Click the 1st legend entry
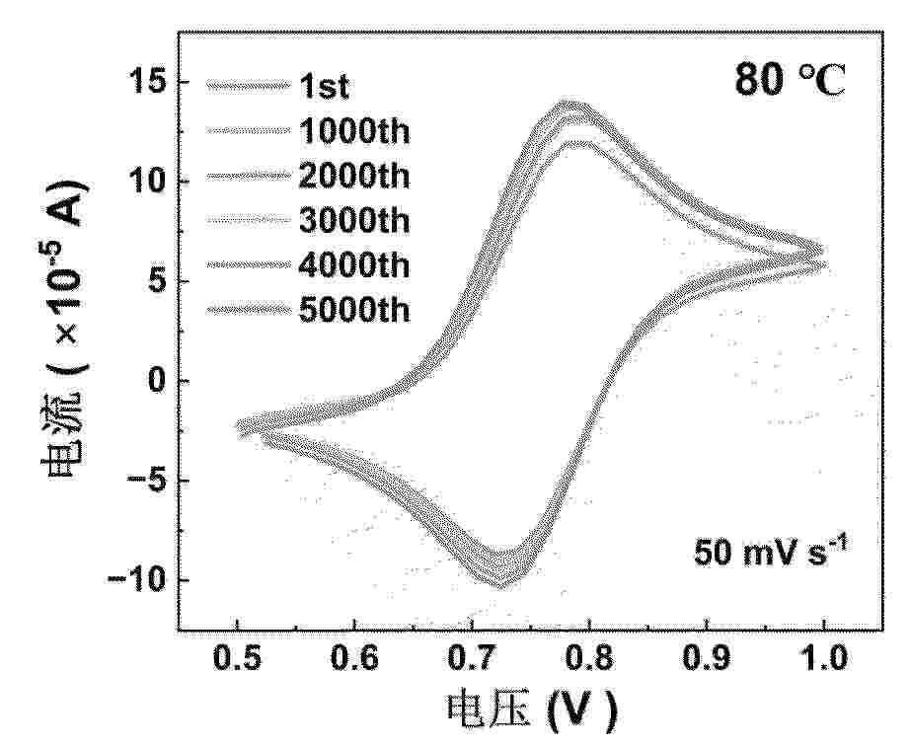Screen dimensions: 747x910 [324, 87]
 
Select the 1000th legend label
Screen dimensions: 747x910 [353, 131]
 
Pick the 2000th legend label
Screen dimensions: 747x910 [353, 177]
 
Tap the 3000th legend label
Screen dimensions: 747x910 [353, 221]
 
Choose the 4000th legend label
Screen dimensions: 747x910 [353, 265]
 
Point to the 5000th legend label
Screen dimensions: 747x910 [353, 310]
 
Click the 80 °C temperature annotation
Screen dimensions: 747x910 [790, 81]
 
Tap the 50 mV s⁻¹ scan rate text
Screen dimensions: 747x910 [773, 553]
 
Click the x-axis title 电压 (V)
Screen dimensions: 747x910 [533, 710]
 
